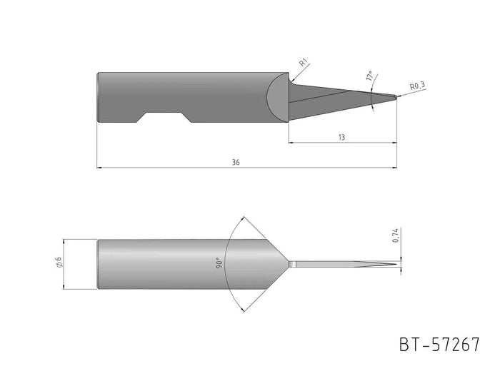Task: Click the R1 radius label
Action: (304, 62)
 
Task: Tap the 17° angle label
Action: (369, 76)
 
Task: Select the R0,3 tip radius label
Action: (418, 86)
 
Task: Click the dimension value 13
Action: (341, 138)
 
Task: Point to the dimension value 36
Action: (236, 163)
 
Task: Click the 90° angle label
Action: (219, 263)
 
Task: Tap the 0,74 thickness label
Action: (396, 235)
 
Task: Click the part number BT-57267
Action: (440, 345)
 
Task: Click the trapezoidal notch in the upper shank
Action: (164, 117)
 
